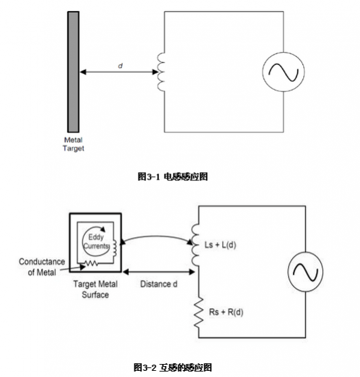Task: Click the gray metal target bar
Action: point(73,72)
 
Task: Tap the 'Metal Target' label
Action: point(73,144)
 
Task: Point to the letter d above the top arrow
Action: point(121,66)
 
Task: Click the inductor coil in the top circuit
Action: point(161,72)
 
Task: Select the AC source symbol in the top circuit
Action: point(283,72)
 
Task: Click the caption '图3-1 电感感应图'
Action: point(173,177)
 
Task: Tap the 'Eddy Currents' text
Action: point(96,242)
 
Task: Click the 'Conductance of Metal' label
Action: point(42,267)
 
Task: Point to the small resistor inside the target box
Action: point(91,263)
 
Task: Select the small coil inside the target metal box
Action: point(115,248)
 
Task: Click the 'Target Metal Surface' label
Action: point(95,289)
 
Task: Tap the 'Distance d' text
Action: point(158,284)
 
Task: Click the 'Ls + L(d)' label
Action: point(220,245)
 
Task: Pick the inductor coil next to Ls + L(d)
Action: point(195,245)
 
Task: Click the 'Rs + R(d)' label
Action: point(226,312)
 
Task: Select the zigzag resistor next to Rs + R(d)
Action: point(199,313)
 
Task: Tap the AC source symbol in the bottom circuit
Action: point(305,271)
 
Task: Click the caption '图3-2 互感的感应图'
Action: point(173,367)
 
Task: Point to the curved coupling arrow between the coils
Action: point(157,236)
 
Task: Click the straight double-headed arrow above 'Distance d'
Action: point(158,272)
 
